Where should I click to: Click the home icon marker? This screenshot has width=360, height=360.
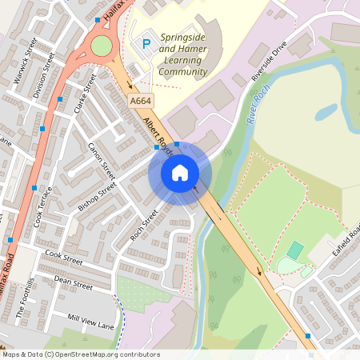[x=180, y=172]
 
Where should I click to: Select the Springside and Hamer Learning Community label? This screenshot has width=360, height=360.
[x=183, y=54]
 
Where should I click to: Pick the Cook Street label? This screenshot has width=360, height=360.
[x=64, y=256]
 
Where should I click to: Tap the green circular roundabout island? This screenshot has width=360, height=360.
[x=102, y=46]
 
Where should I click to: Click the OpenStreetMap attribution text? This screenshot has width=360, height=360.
[x=80, y=354]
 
